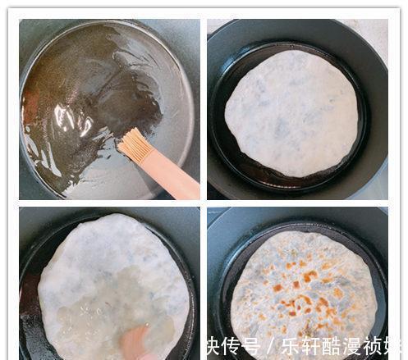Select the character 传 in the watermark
(232, 346)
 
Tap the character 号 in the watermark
(252, 346)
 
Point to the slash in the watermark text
(271, 346)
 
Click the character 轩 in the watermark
(310, 346)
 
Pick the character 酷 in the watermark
(330, 346)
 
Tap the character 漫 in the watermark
(350, 346)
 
